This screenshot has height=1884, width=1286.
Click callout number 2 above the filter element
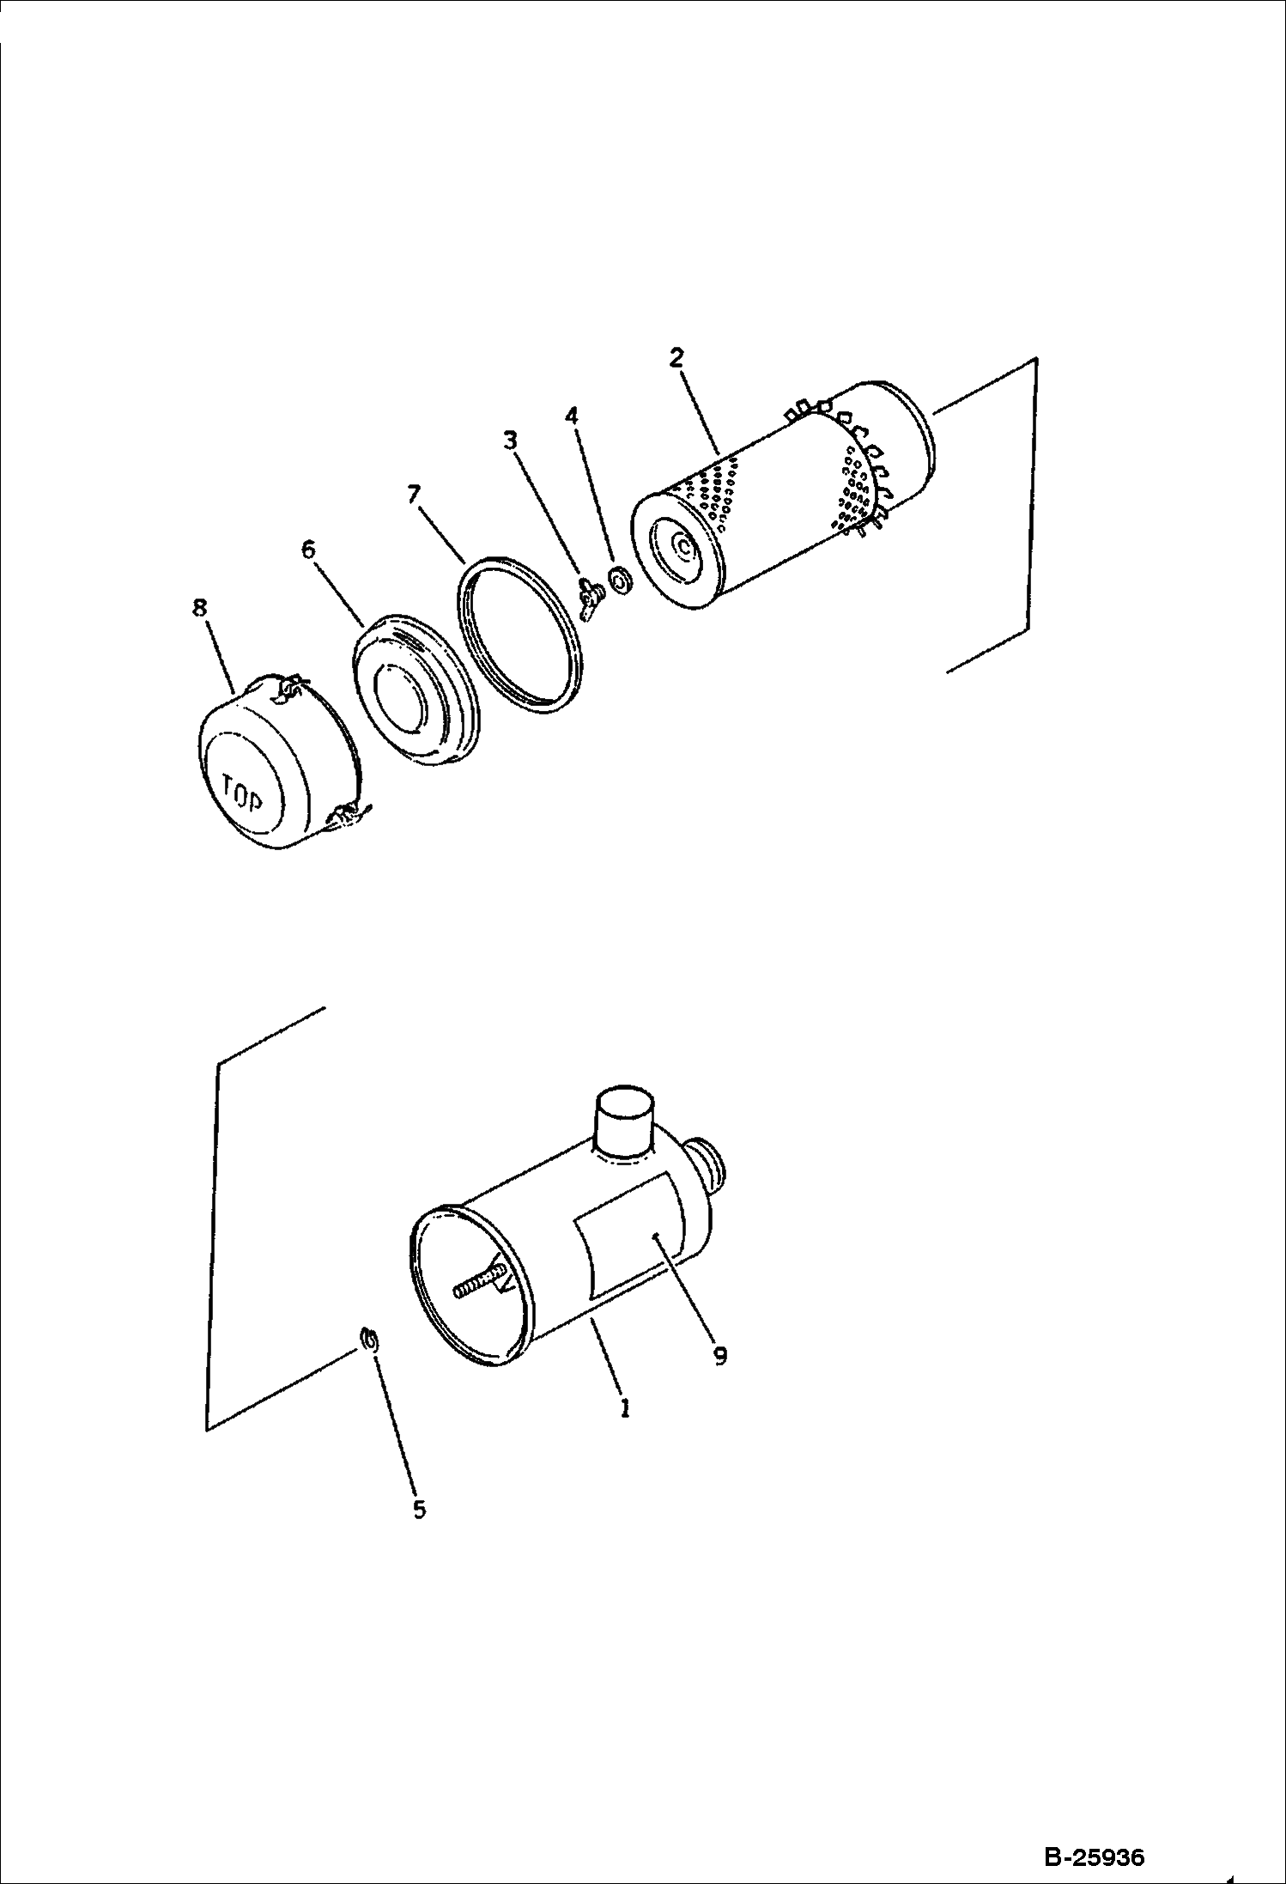[x=676, y=358]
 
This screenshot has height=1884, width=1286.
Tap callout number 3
[x=510, y=441]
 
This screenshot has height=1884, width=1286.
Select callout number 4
[x=571, y=416]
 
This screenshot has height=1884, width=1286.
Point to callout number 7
[x=414, y=494]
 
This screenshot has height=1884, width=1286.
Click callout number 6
[x=308, y=550]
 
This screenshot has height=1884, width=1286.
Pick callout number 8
[x=199, y=608]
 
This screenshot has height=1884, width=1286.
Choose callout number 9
[x=719, y=1355]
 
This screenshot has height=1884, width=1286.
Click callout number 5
[x=419, y=1510]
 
